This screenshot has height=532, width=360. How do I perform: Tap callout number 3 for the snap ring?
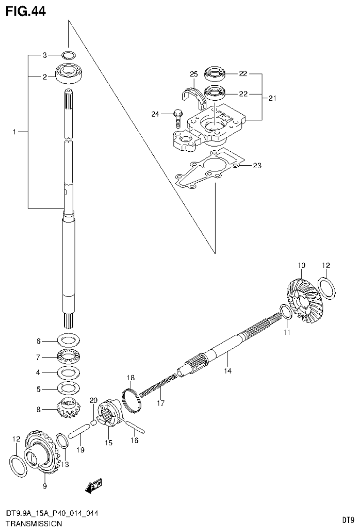coord(45,55)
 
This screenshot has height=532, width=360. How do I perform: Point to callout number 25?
coord(194,74)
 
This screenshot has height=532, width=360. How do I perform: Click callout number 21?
coord(272,98)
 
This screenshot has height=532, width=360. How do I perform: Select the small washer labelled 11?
coord(285,311)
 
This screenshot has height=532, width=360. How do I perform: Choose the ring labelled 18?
coord(132,400)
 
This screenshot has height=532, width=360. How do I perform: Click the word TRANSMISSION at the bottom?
coord(33,523)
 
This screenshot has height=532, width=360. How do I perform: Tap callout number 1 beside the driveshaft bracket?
coord(15,133)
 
